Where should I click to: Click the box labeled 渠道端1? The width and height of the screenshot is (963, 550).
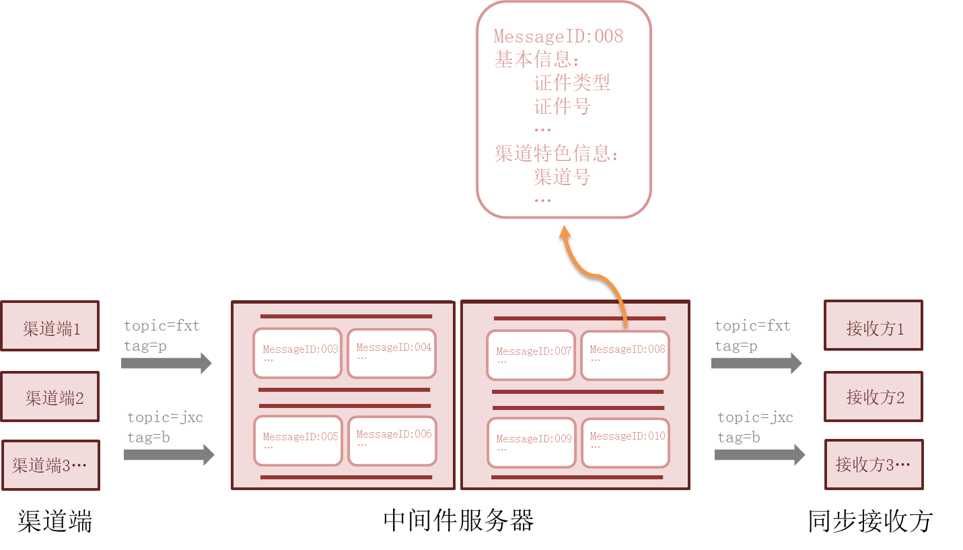[50, 326]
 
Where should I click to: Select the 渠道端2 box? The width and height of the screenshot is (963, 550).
[50, 397]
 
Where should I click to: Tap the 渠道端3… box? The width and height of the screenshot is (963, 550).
[50, 465]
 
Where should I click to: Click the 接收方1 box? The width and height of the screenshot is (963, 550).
[873, 326]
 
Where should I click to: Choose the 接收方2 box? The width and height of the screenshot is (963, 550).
[873, 397]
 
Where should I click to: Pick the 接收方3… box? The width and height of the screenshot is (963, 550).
[873, 465]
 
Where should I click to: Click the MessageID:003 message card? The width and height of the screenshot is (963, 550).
[297, 353]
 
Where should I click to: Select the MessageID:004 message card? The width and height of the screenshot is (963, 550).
[392, 353]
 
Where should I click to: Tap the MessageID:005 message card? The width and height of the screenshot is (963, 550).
[297, 441]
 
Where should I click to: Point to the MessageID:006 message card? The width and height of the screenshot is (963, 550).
[392, 440]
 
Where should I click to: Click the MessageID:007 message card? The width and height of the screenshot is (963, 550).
[531, 355]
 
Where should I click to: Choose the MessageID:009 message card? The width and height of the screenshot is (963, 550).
[532, 442]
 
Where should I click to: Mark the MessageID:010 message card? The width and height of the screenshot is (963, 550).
[625, 442]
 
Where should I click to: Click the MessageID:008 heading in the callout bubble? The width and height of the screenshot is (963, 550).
[559, 36]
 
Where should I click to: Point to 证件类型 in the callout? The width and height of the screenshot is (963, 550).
[572, 83]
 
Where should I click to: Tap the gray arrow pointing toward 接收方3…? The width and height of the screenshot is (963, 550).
[759, 455]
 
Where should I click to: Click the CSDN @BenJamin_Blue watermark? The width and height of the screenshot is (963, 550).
[885, 537]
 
